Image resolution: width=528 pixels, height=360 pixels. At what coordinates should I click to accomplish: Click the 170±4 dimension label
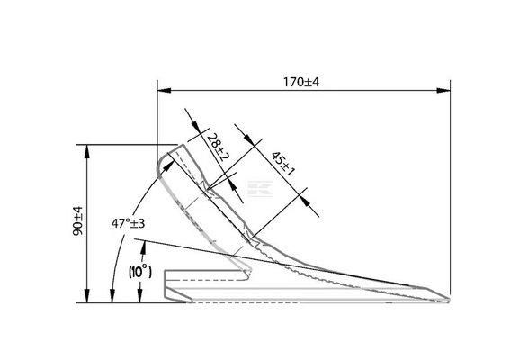point(300,82)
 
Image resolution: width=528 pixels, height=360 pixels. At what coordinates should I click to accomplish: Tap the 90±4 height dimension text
point(77,220)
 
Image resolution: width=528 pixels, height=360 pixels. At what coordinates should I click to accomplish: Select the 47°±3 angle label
point(128,223)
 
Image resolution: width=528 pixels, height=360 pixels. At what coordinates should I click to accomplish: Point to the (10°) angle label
point(139,271)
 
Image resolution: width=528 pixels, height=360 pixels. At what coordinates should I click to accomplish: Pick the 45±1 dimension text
point(282,164)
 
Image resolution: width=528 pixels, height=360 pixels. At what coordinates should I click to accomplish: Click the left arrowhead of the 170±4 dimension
point(164,90)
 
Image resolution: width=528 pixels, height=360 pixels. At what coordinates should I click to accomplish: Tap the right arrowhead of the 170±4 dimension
point(443,90)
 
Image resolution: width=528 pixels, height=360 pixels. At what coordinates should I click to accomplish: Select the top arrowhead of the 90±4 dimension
point(87,151)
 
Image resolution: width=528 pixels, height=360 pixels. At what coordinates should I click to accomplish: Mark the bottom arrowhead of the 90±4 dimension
point(87,296)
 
